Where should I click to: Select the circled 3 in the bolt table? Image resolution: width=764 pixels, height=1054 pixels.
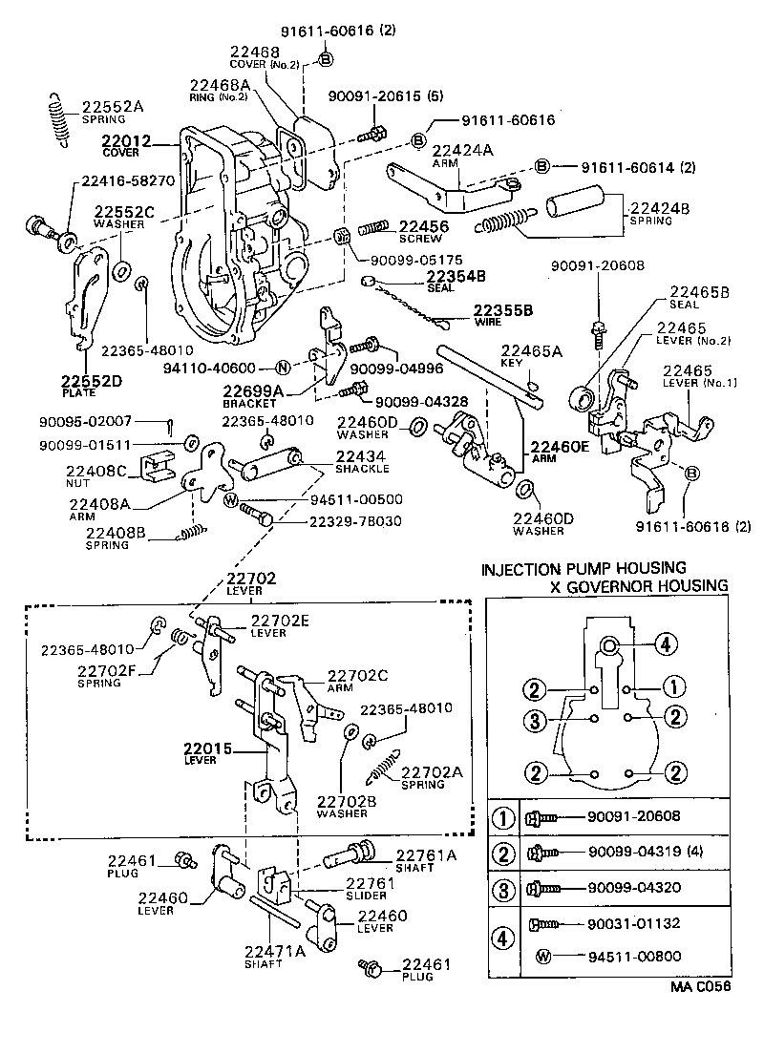(502, 887)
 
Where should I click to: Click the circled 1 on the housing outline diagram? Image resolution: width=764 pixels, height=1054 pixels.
(672, 685)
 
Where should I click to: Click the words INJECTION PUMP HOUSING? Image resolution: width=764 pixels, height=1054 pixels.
(583, 569)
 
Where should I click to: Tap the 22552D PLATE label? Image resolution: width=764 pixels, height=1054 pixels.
(87, 384)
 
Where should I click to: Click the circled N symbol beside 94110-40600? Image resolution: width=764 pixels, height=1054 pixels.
(282, 368)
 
